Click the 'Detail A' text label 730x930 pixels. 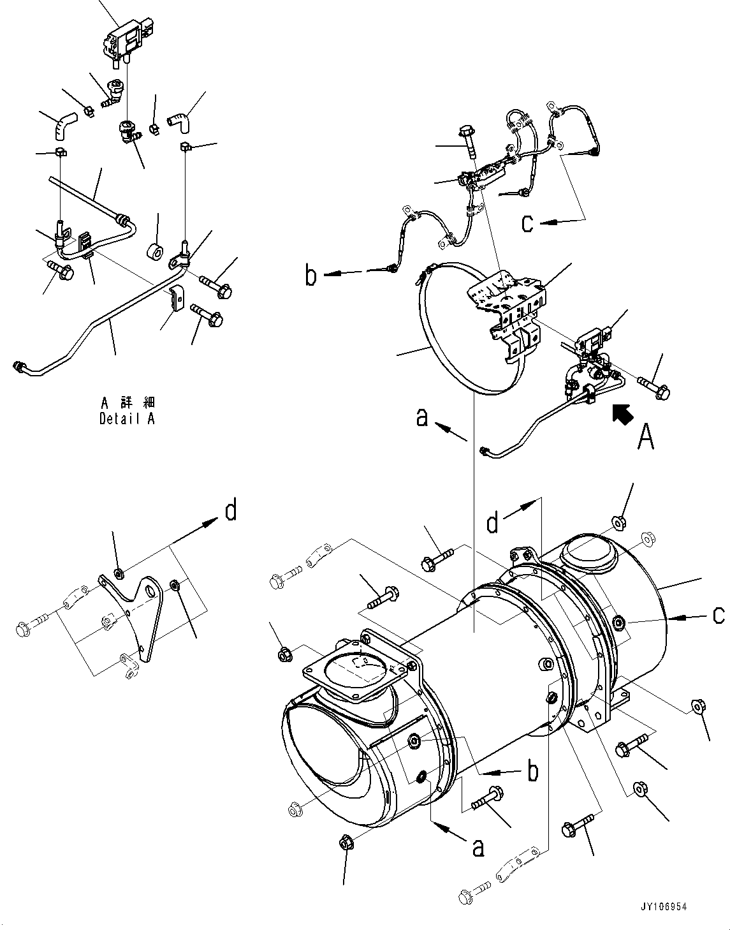click(x=127, y=419)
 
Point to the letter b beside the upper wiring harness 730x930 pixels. click(x=310, y=277)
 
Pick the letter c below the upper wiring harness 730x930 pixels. click(x=527, y=223)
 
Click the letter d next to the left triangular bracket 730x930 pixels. click(x=230, y=510)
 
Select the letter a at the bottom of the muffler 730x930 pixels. click(x=477, y=846)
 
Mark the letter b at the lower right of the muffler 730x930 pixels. click(x=532, y=771)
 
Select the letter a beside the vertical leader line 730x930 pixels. click(x=421, y=418)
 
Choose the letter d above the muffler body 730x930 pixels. click(x=492, y=524)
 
